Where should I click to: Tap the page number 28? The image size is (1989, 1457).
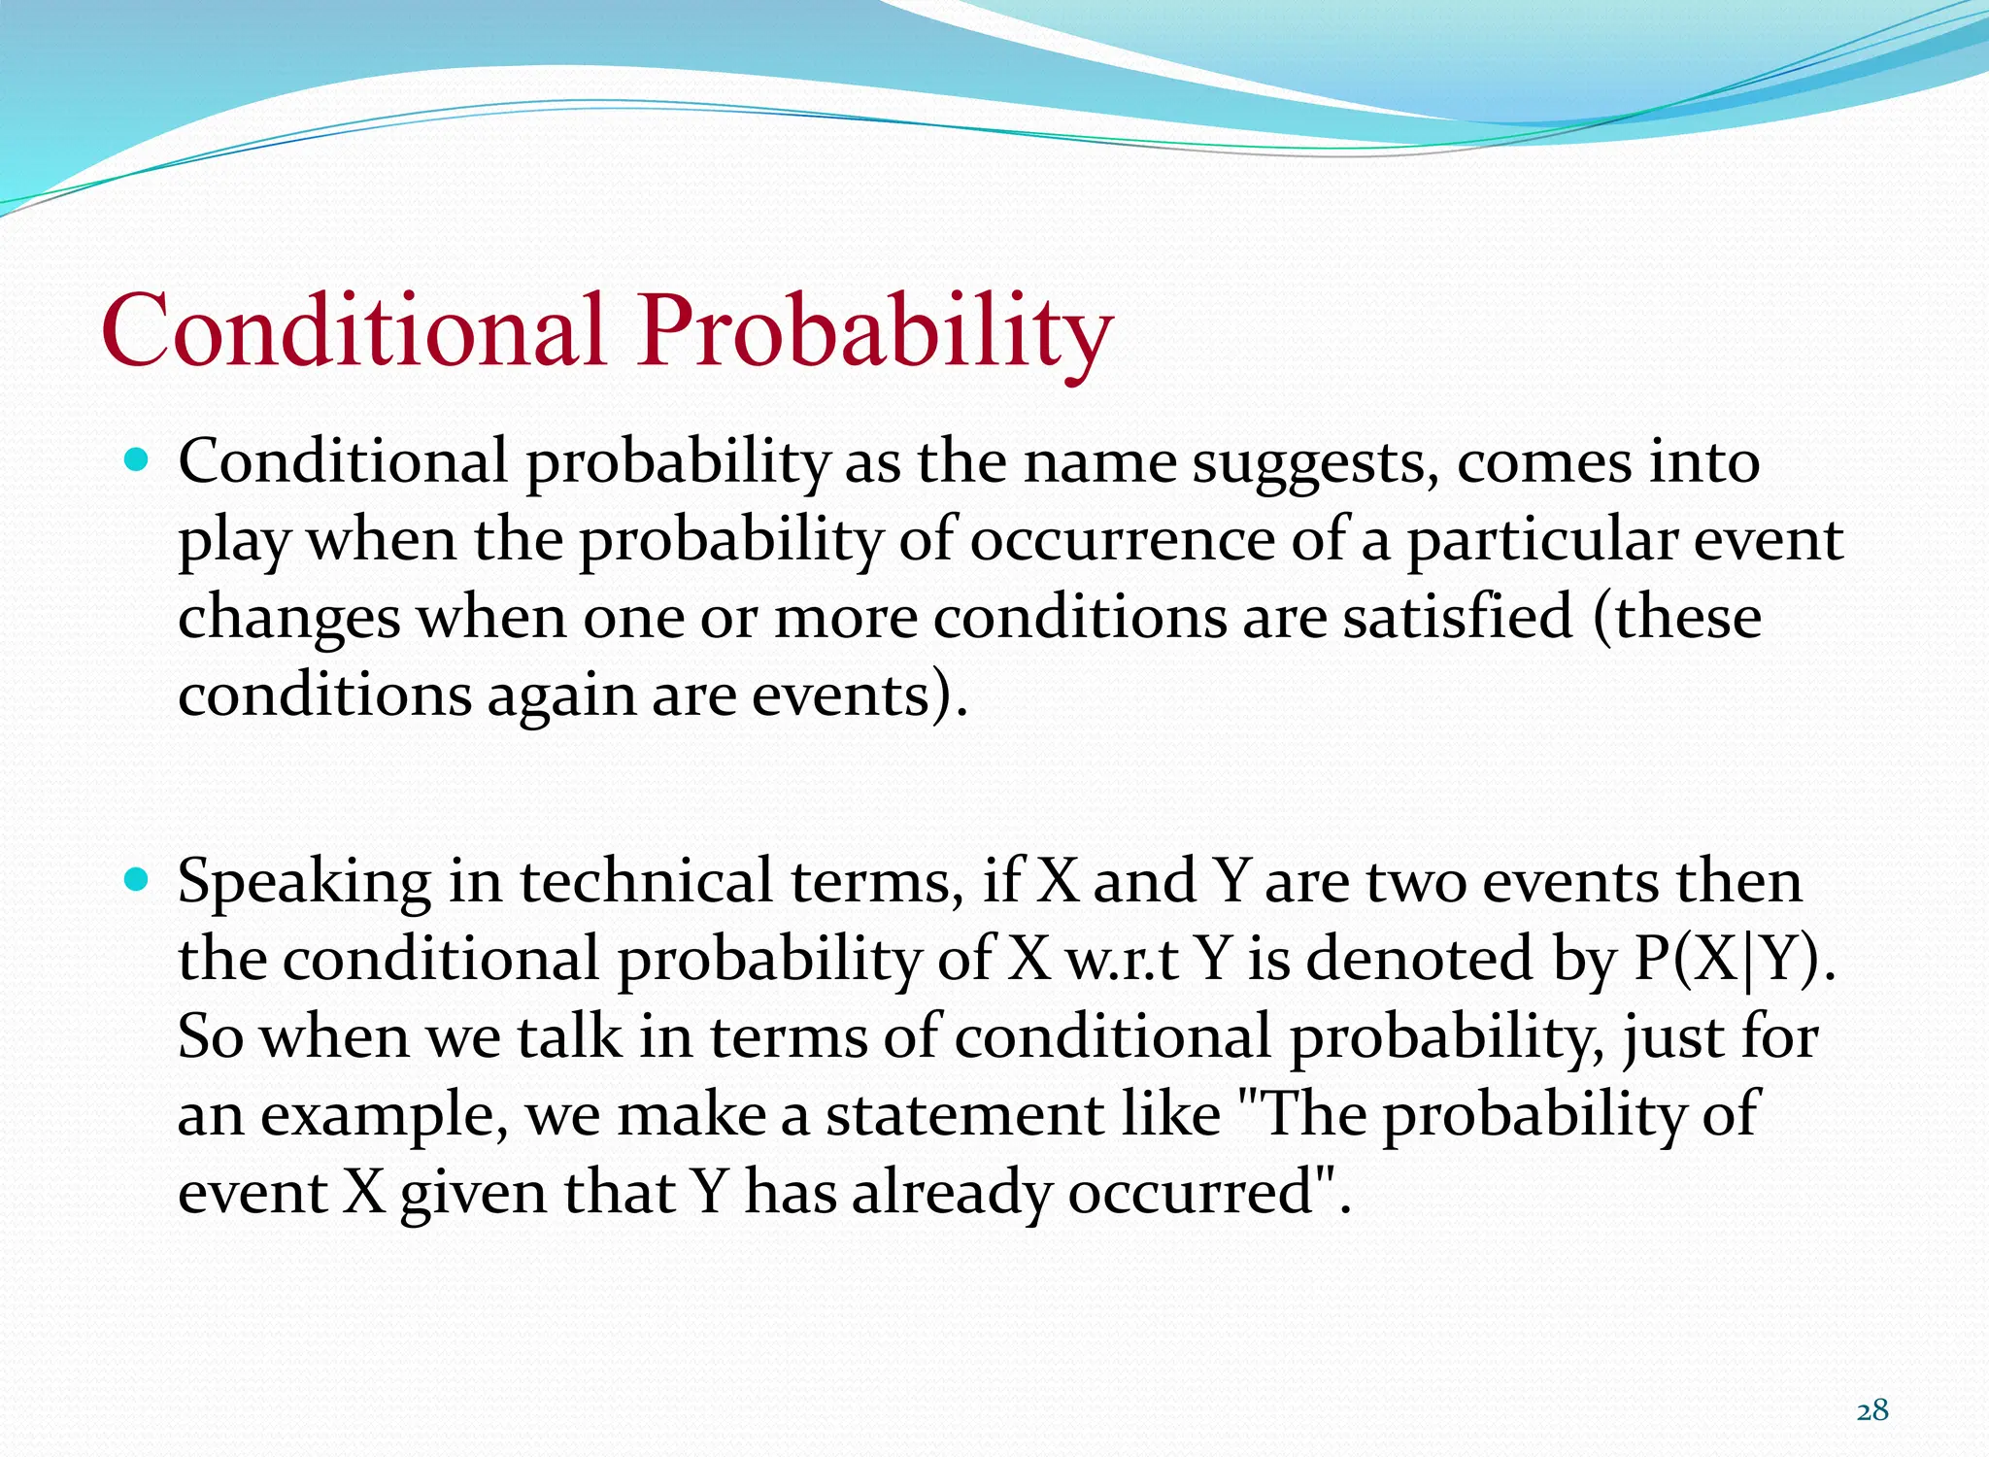[x=1871, y=1409]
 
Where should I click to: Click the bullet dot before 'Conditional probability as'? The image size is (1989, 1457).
[x=137, y=459]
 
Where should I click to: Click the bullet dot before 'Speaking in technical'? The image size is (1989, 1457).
[x=137, y=880]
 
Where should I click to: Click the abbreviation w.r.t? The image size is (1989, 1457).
[x=1122, y=959]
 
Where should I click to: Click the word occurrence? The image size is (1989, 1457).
[x=1122, y=540]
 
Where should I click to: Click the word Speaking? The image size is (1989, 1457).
[x=304, y=882]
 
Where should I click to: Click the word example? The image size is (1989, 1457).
[x=385, y=1116]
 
